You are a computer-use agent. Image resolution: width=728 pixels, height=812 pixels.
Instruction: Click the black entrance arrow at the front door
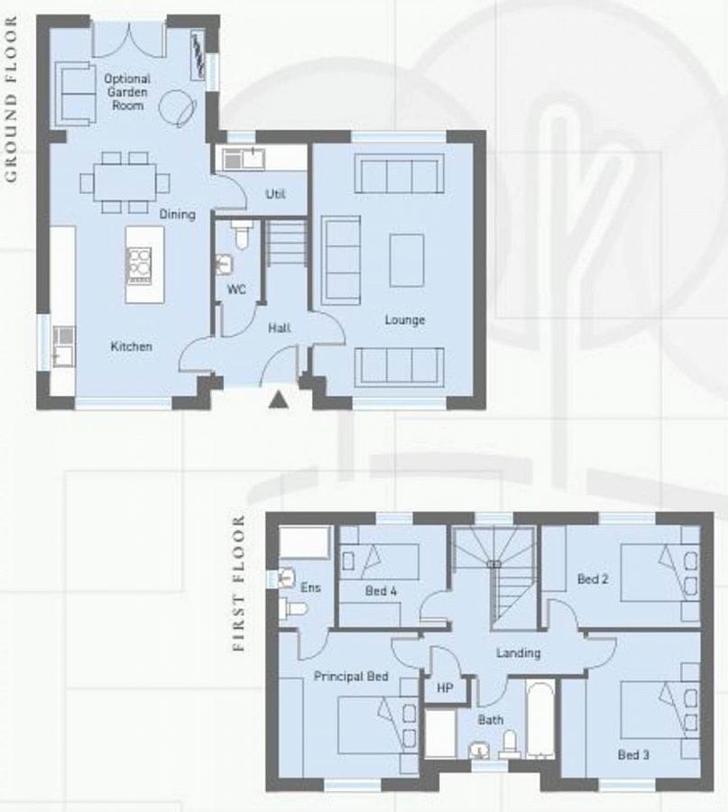point(278,400)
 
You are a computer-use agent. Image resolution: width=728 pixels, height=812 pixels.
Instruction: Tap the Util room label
point(275,194)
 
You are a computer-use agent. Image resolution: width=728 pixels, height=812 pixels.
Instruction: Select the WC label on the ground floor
point(236,290)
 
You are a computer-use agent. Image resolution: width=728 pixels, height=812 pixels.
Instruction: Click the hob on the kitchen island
point(139,266)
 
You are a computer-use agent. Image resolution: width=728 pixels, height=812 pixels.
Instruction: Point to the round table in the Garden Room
point(177,107)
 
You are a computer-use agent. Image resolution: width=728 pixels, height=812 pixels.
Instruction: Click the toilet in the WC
point(241,234)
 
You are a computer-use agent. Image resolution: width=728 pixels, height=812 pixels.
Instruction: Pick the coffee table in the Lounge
point(407,260)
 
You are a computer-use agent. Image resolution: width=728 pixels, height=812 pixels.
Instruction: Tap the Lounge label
point(404,320)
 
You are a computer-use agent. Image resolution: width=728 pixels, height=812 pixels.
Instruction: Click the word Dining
point(177,215)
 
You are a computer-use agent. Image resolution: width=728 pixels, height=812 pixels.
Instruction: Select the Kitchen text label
point(131,346)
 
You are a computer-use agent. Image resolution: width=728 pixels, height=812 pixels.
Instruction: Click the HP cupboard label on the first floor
point(445,688)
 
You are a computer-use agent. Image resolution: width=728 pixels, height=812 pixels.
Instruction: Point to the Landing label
point(519,653)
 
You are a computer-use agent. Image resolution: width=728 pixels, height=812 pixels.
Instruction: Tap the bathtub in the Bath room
point(540,720)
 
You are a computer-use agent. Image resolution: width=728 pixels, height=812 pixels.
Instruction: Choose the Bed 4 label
point(381,591)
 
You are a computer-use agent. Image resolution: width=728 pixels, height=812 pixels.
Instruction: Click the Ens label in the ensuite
point(310,587)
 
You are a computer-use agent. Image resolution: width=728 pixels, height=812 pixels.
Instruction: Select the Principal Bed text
point(351,677)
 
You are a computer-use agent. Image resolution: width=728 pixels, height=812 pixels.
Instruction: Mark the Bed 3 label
point(633,755)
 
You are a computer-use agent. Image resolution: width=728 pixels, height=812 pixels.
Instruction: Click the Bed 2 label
point(593,579)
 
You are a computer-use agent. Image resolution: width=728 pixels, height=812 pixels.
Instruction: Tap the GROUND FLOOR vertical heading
point(11,99)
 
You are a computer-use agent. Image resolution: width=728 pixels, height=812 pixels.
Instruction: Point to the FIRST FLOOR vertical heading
point(238,583)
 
